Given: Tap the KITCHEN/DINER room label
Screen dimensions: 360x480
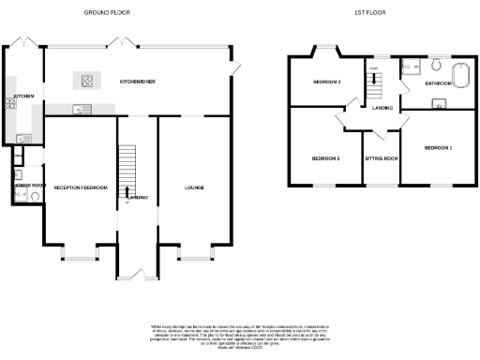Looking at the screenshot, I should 137,82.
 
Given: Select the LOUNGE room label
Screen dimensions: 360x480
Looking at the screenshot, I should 195,188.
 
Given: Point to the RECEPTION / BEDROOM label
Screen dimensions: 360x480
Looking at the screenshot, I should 80,188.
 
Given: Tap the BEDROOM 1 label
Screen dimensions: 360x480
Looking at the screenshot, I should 438,149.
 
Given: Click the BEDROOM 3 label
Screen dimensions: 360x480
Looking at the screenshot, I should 325,158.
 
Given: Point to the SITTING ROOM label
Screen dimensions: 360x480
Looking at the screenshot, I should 382,158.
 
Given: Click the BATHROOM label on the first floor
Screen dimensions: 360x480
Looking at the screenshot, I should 438,83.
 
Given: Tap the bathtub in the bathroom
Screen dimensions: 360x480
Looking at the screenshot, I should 462,75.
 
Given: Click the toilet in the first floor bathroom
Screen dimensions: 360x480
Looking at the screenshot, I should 438,64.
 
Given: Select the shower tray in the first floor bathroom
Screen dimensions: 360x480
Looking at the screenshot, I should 409,66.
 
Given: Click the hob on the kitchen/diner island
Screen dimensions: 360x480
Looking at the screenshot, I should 91,80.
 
